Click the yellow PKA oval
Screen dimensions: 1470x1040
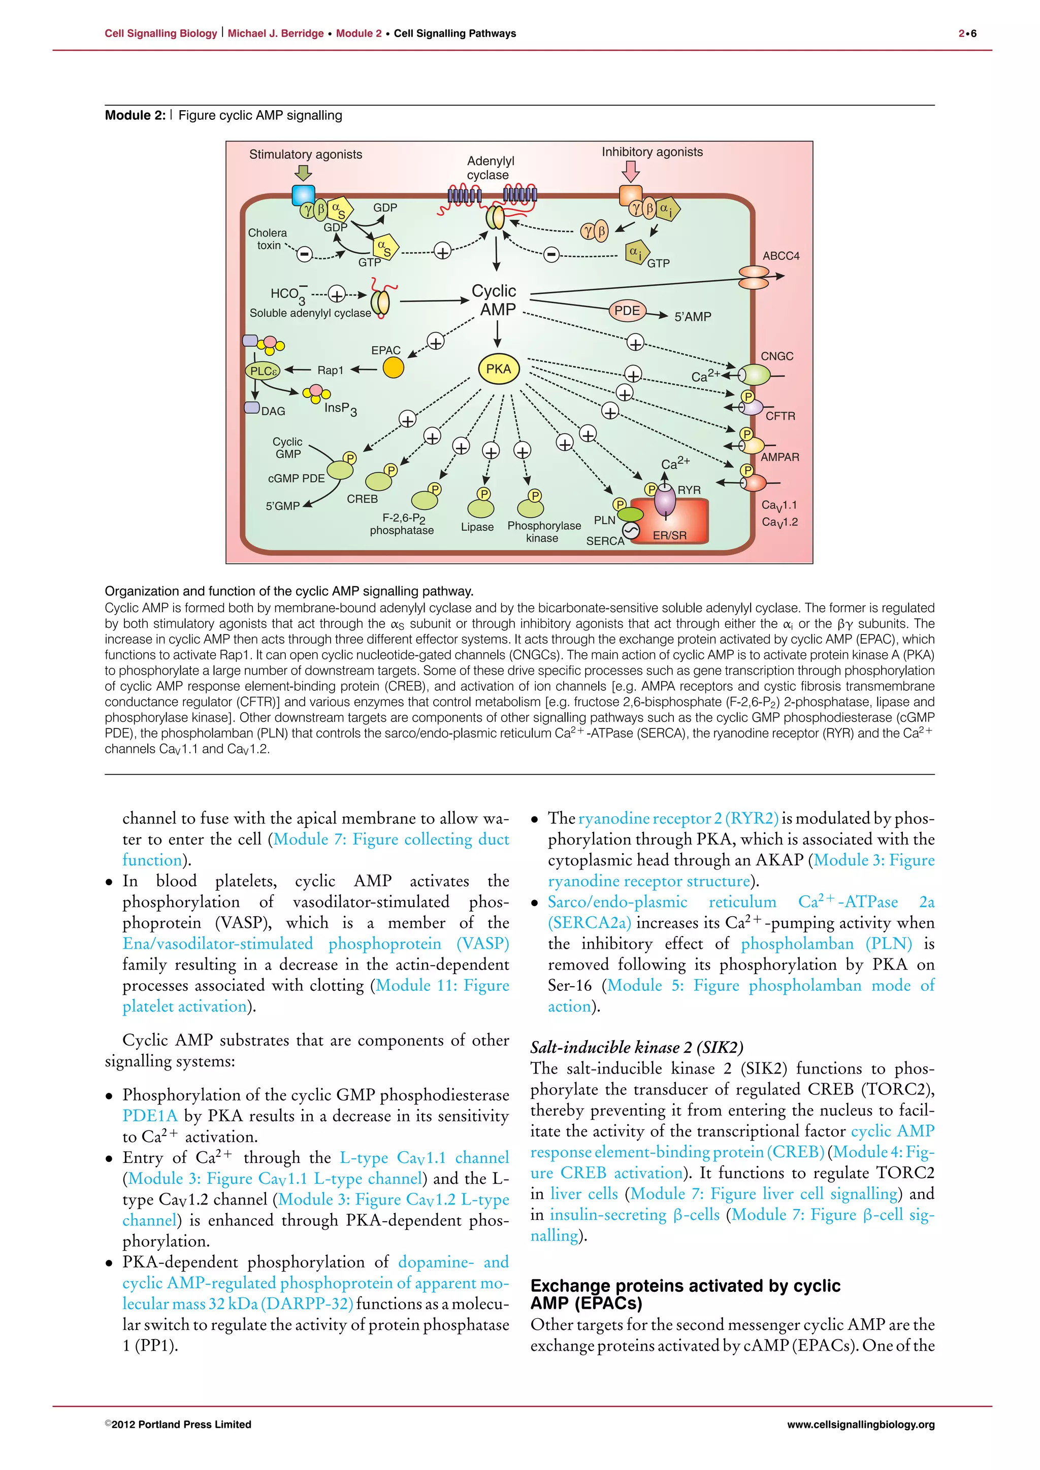(498, 369)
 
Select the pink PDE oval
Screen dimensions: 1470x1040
(627, 311)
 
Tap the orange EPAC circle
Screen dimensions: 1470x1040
(393, 367)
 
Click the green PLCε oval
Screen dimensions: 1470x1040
(263, 371)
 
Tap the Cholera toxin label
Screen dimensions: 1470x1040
(268, 239)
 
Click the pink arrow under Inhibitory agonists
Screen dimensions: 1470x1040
(631, 171)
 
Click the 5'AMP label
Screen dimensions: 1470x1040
(692, 316)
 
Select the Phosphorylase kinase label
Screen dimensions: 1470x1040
(544, 531)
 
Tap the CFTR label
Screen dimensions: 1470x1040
(780, 416)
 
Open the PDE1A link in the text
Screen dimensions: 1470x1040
(150, 1115)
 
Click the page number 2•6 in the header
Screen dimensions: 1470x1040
(967, 34)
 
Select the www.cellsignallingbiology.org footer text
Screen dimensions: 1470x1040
(860, 1424)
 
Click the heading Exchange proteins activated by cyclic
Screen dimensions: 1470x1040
(685, 1286)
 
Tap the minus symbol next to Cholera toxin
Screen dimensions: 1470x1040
(305, 254)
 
